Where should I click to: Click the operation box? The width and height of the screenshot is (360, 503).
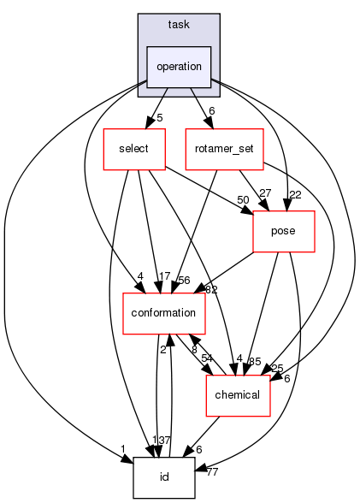(x=178, y=67)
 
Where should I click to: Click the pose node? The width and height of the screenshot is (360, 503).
(x=284, y=231)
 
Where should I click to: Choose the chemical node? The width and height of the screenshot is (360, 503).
(x=237, y=395)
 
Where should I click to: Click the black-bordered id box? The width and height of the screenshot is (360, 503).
(x=164, y=477)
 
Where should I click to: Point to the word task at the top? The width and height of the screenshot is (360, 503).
(x=178, y=26)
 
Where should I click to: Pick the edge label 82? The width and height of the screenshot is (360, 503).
(x=211, y=290)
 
